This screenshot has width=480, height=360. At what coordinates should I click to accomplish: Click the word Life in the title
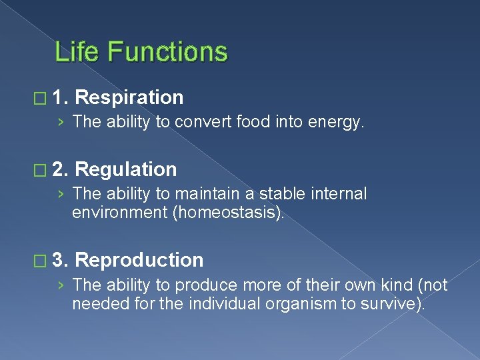pos(75,52)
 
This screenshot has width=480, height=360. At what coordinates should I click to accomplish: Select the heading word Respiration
pos(129,97)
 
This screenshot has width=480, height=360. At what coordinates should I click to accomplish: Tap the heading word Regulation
pos(126,169)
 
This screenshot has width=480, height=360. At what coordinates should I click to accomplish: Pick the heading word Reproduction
pos(139,260)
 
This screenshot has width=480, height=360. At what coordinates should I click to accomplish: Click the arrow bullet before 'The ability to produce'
pos(61,285)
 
